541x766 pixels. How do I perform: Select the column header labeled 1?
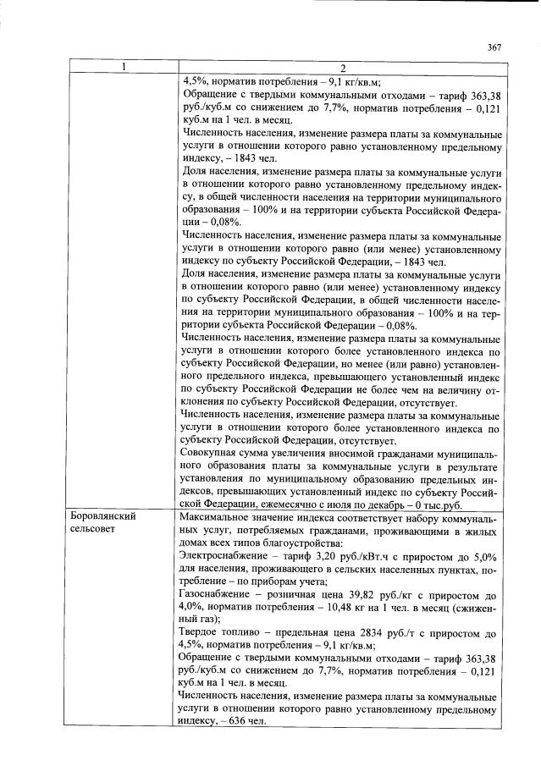124,69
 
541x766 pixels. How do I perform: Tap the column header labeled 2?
342,69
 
